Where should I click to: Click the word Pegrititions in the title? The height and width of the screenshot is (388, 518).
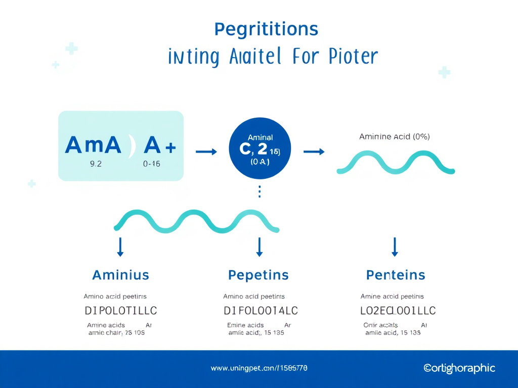point(266,30)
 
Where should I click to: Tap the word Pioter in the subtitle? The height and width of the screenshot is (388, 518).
point(353,57)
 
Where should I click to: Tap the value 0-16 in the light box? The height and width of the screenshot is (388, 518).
point(151,164)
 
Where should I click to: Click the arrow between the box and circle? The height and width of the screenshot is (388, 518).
point(206,152)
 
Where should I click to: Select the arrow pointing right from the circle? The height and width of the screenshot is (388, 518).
point(313,152)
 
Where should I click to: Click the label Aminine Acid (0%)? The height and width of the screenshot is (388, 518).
point(394,136)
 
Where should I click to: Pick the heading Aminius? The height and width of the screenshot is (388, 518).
point(120,275)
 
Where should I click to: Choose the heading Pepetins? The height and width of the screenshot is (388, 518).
point(258,275)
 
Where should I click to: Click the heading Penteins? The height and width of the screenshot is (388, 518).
point(395,275)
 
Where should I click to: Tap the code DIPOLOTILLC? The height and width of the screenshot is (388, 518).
point(120,310)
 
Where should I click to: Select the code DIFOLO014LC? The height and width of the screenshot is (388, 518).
point(261,310)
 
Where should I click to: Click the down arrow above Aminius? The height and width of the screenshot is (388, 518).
point(120,246)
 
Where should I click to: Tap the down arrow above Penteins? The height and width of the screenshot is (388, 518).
point(395,246)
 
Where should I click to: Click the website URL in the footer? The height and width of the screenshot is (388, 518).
point(258,368)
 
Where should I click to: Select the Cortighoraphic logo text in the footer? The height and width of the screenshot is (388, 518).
point(459,368)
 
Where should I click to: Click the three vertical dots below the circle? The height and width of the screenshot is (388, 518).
point(260,192)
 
